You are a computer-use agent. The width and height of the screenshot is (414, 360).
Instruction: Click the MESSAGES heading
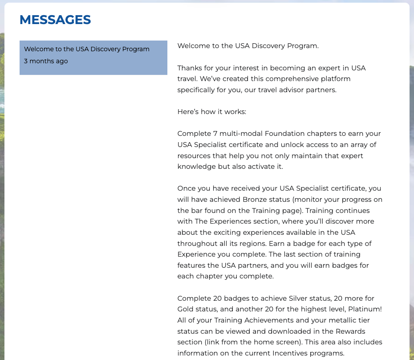[x=55, y=20]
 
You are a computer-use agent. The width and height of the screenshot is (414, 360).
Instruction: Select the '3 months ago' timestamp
[x=46, y=61]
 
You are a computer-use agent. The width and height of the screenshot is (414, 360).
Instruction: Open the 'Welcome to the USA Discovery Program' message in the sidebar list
[x=87, y=49]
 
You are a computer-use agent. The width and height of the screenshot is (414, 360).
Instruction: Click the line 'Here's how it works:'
[x=211, y=112]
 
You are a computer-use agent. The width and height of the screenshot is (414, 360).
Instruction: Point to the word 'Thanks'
[x=189, y=68]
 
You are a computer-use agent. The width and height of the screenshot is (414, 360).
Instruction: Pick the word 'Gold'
[x=186, y=309]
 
